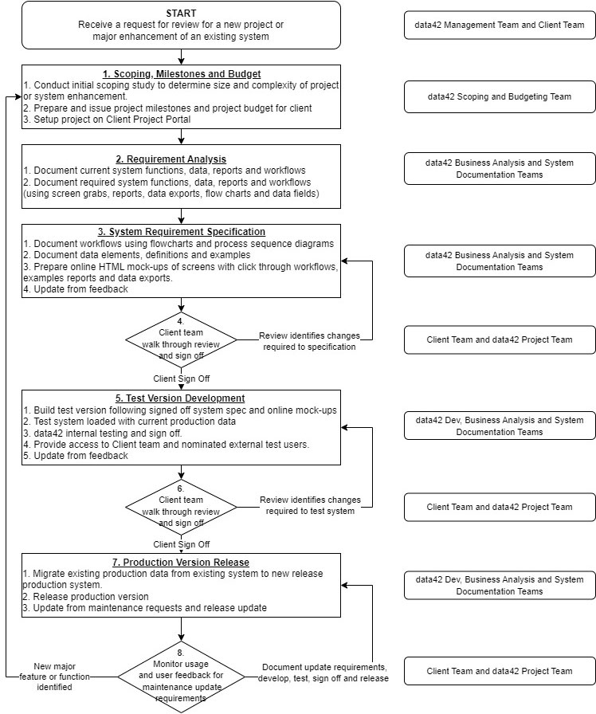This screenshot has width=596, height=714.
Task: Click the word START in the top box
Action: (181, 14)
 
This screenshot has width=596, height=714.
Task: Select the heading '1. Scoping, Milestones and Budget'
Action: (181, 74)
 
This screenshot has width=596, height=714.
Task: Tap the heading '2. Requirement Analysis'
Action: (181, 159)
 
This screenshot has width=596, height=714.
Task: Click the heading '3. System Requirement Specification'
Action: (181, 232)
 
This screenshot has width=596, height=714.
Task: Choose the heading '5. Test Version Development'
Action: (181, 398)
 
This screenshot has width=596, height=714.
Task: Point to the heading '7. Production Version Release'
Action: (181, 562)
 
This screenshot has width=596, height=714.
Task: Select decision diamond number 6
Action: (182, 506)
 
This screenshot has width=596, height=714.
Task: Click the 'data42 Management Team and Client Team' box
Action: (500, 25)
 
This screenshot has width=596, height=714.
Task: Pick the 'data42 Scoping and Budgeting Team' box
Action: (500, 97)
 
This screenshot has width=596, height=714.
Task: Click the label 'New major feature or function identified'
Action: (55, 677)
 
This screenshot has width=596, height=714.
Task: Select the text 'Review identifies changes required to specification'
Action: (307, 342)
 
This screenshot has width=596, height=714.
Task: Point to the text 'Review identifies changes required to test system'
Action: (307, 506)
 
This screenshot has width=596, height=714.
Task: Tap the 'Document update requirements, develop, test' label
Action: (323, 673)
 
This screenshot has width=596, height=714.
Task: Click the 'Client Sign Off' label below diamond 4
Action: (182, 379)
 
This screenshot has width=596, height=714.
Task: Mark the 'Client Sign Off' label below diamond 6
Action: (182, 544)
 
